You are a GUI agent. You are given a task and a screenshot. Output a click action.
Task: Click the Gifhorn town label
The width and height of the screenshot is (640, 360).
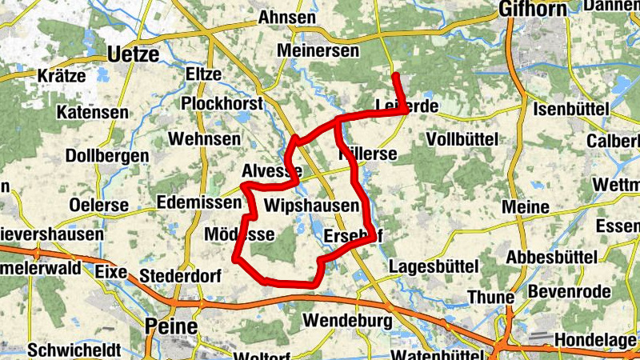(x=532, y=9)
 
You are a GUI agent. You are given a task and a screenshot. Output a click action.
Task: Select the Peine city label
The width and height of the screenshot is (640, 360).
(x=171, y=326)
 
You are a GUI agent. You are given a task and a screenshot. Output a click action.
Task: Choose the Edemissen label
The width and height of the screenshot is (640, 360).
(x=199, y=202)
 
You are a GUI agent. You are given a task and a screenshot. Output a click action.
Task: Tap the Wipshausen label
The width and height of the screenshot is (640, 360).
(x=311, y=206)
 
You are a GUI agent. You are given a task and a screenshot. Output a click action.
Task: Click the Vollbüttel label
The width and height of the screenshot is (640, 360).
(x=462, y=138)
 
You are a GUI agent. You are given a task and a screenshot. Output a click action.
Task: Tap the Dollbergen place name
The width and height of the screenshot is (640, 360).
(x=108, y=155)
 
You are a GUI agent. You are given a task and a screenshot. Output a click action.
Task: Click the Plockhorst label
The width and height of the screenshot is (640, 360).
(x=222, y=104)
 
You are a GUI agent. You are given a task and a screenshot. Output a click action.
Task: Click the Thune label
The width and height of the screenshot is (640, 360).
(x=490, y=298)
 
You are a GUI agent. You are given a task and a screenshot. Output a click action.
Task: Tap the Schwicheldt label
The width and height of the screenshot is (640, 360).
(x=73, y=350)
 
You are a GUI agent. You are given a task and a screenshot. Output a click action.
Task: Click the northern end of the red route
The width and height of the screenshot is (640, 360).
(x=395, y=76)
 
